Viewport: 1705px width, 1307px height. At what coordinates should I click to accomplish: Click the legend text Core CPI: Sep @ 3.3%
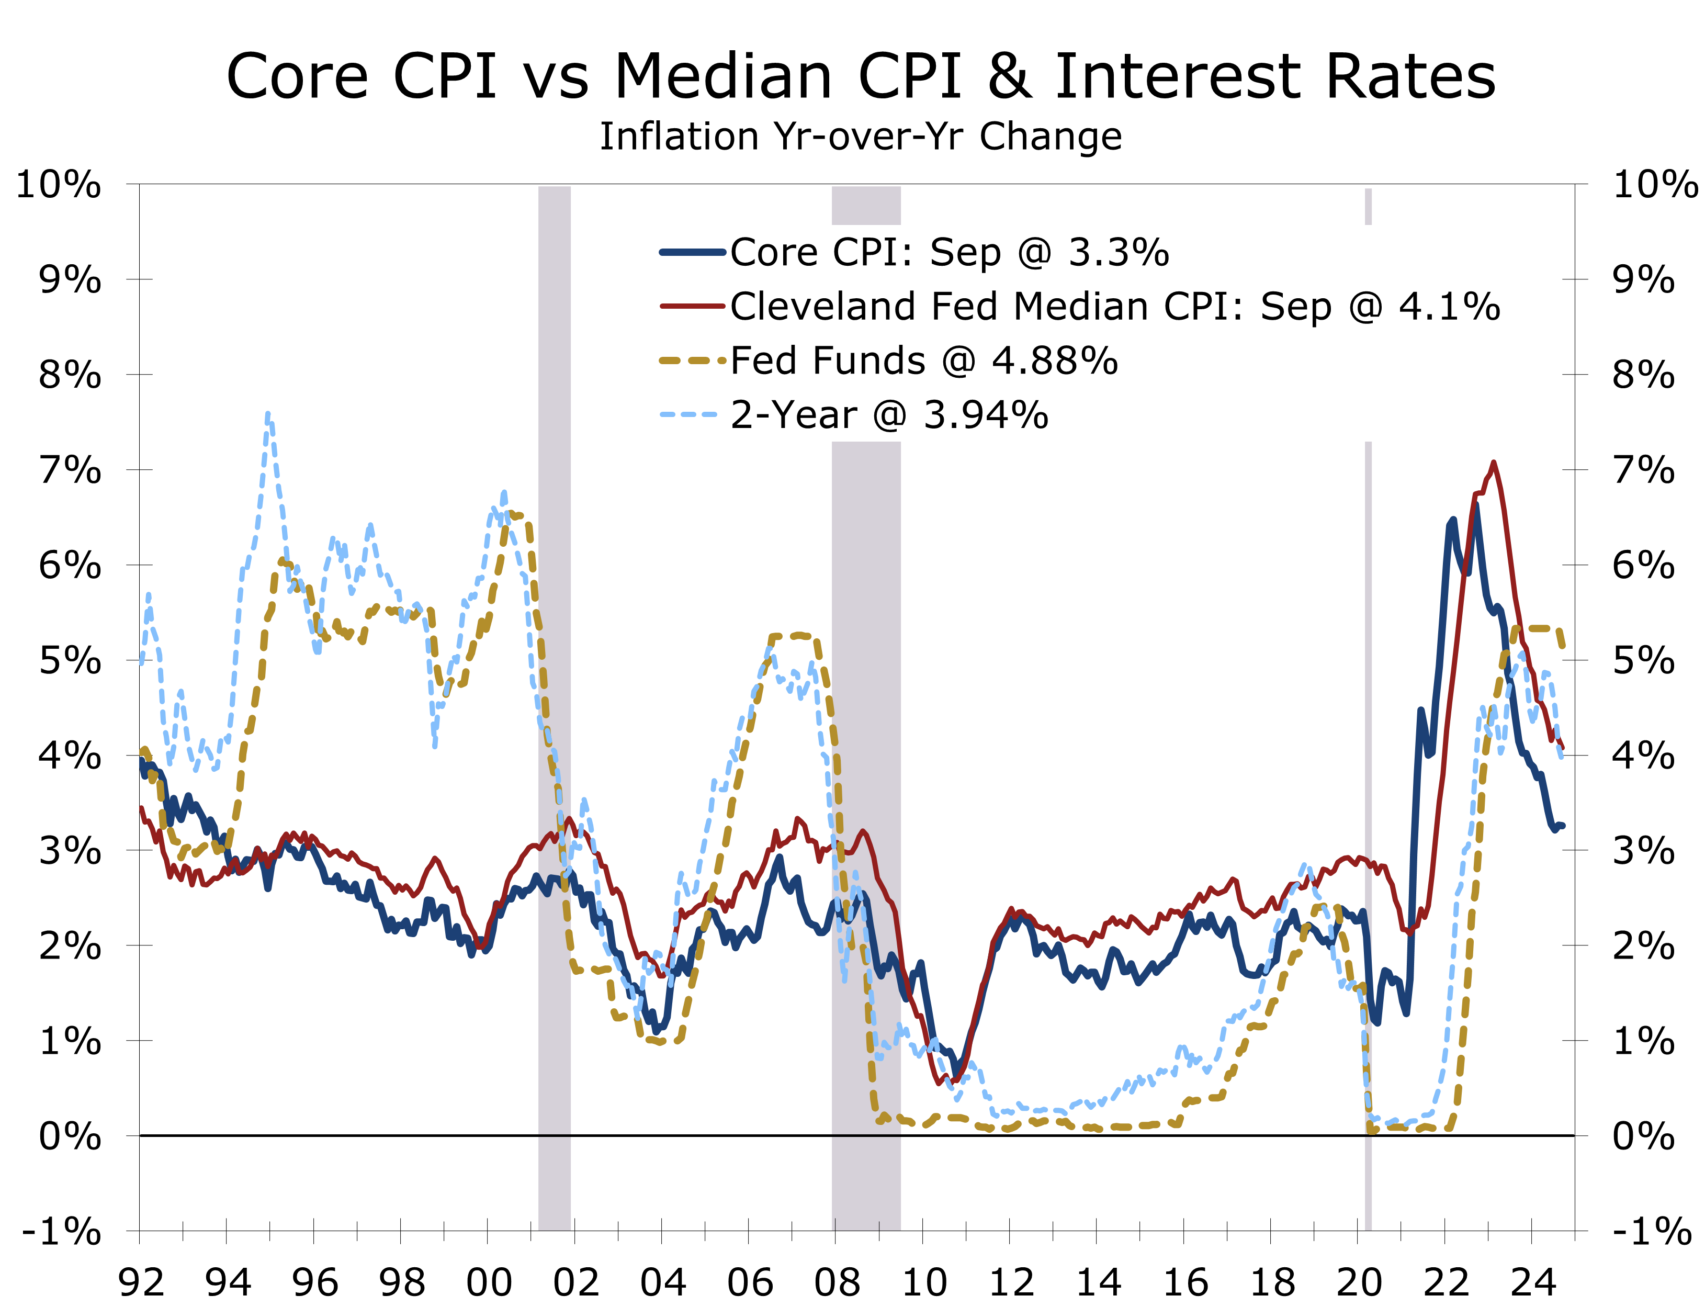click(x=949, y=253)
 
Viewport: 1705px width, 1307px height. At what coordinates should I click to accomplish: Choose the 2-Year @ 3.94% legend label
click(x=889, y=415)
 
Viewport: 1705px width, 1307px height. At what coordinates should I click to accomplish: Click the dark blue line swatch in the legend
click(x=692, y=252)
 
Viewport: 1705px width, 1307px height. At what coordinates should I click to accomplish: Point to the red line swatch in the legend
click(x=692, y=307)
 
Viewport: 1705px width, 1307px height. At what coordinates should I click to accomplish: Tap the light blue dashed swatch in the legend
click(x=689, y=415)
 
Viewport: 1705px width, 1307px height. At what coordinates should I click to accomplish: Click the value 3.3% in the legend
click(x=1119, y=253)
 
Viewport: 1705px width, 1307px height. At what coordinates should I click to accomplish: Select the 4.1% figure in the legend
click(x=1449, y=307)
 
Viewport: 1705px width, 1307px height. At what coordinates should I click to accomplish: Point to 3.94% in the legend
click(x=986, y=415)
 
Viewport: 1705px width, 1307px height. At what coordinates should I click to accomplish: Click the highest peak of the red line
click(x=1494, y=464)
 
